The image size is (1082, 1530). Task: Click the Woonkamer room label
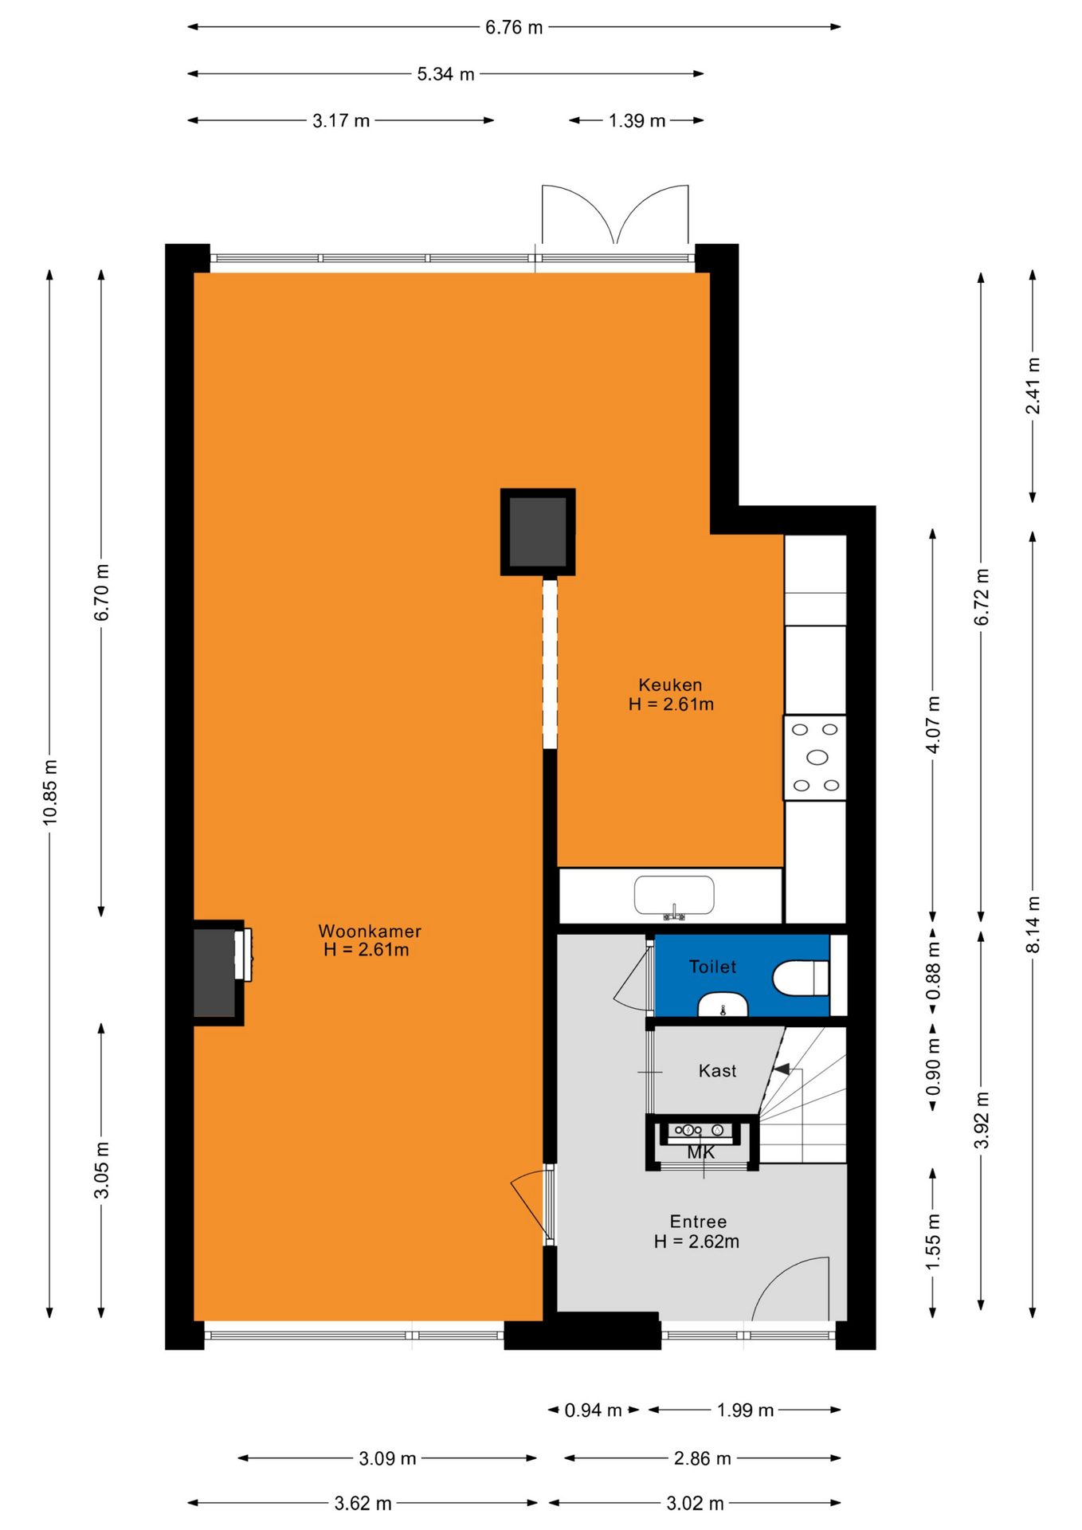click(370, 931)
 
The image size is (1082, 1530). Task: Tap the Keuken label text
click(670, 685)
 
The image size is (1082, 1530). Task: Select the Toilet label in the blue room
click(712, 967)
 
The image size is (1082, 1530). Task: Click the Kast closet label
click(717, 1071)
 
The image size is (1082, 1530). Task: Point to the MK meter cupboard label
click(701, 1153)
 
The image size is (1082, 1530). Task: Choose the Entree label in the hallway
click(698, 1222)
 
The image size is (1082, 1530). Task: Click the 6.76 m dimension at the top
click(514, 27)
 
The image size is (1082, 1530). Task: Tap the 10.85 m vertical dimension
click(49, 792)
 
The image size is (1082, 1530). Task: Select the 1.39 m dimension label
click(637, 120)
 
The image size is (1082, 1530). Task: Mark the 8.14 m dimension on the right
click(1033, 924)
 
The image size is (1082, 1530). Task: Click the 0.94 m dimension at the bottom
click(593, 1410)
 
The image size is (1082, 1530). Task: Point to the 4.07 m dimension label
click(933, 724)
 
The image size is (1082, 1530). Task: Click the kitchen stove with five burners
click(815, 757)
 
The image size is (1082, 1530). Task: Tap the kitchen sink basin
click(674, 896)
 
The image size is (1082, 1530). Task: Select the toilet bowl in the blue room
click(801, 978)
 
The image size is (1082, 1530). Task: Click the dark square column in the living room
click(538, 532)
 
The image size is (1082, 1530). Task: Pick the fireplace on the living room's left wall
click(219, 972)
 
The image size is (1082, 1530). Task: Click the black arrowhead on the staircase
click(782, 1069)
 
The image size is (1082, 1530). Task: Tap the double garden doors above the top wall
click(615, 214)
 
